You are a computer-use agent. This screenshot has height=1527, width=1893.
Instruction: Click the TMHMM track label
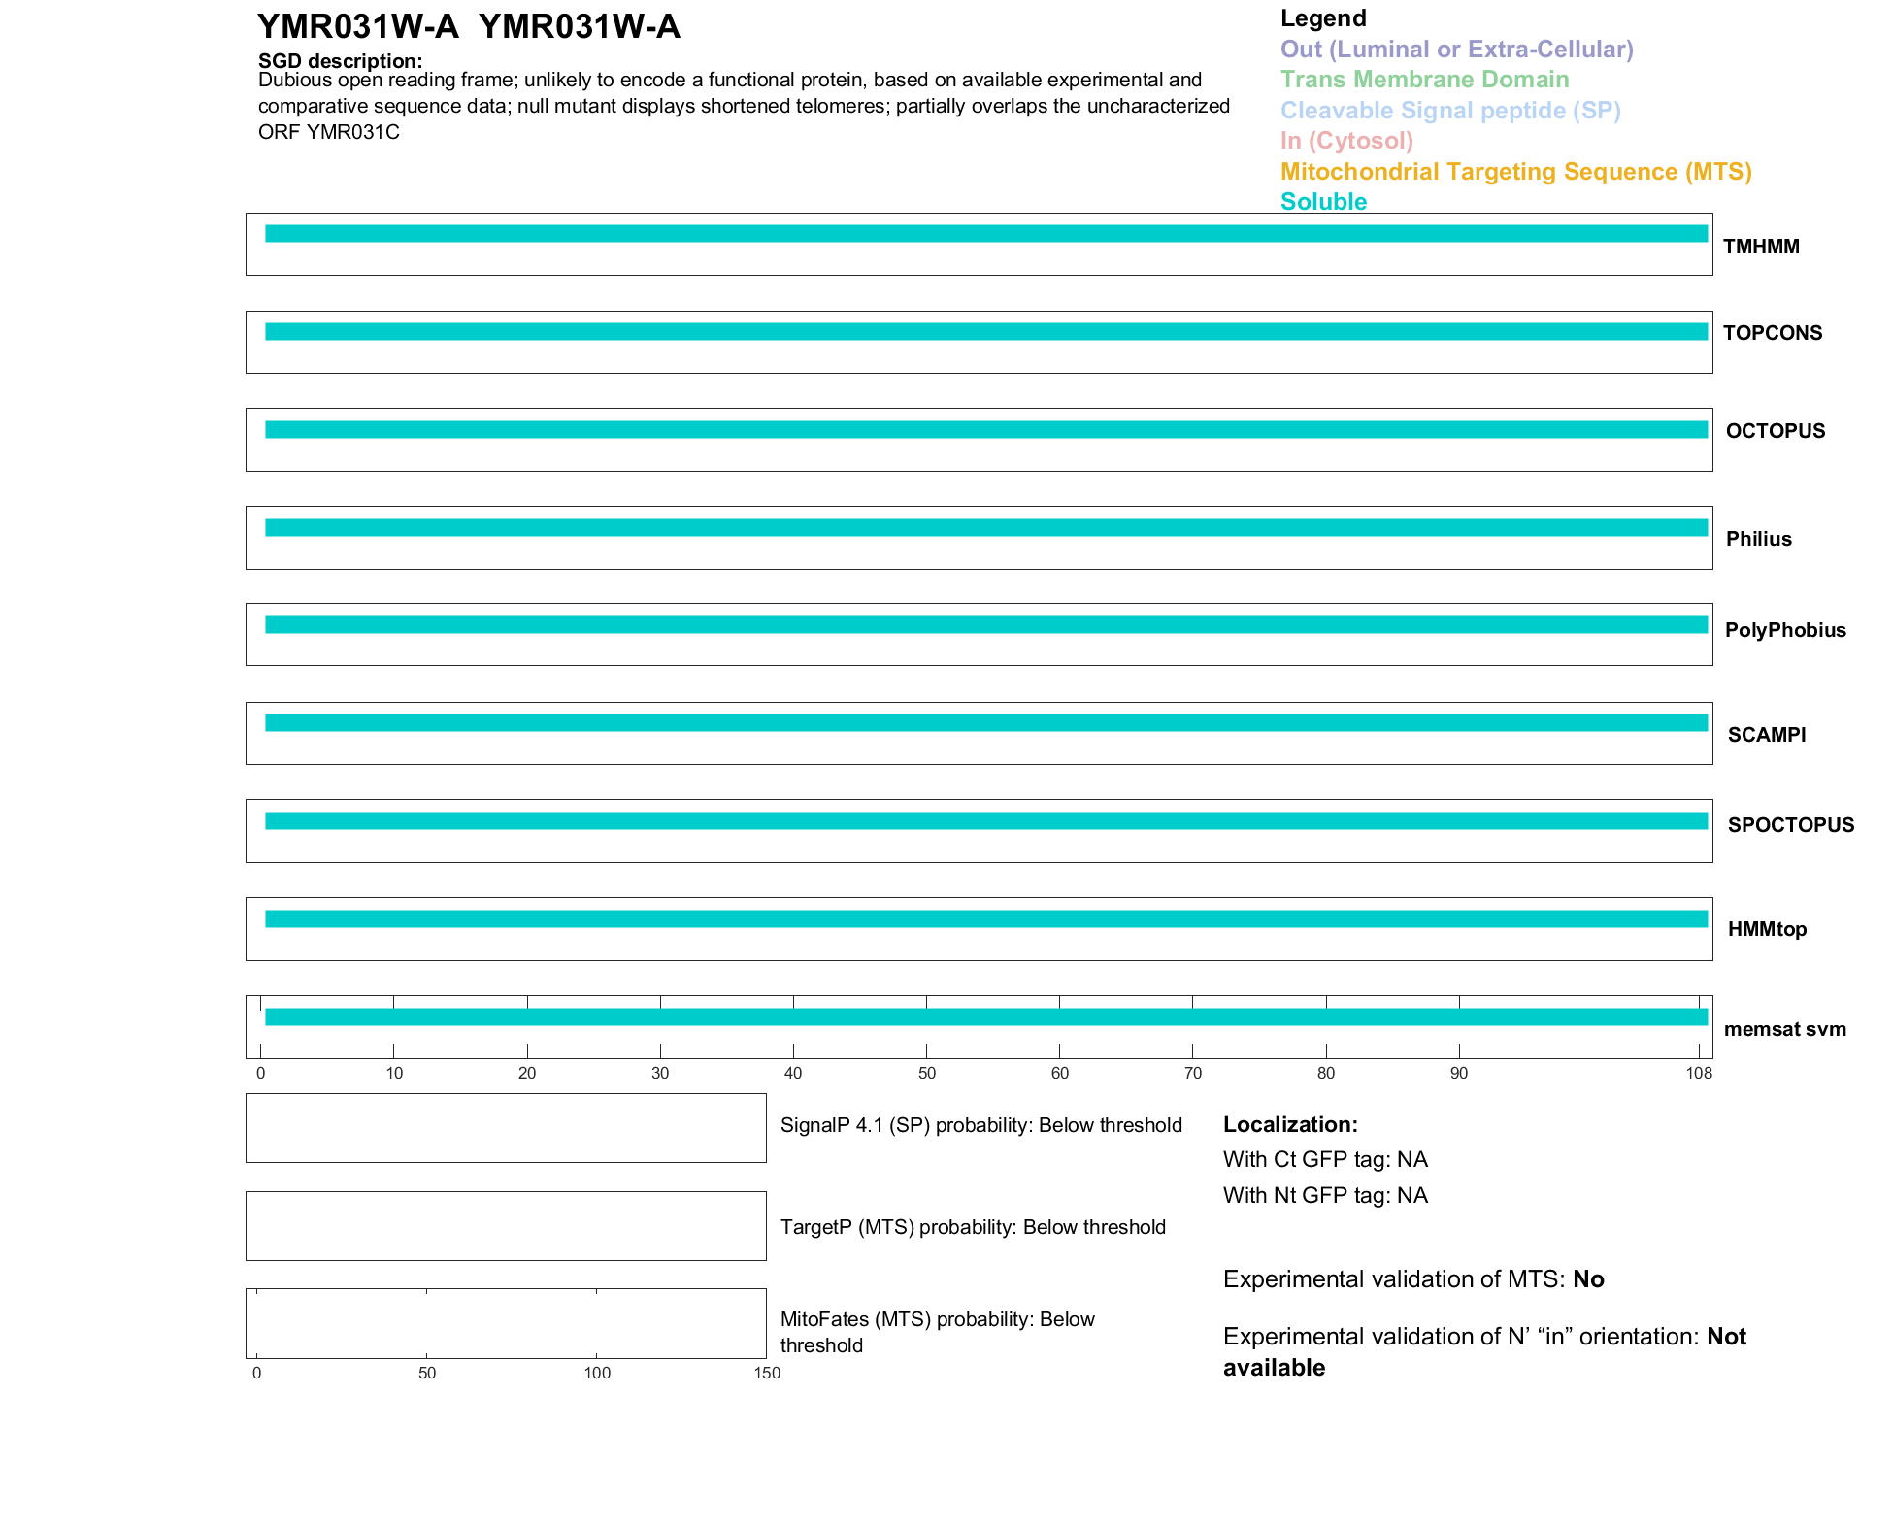click(x=1761, y=247)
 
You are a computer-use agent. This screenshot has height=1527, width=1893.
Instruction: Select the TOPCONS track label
click(x=1773, y=333)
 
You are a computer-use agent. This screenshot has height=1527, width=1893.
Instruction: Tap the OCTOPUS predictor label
click(x=1776, y=431)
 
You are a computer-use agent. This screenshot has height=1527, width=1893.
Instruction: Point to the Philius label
click(x=1758, y=539)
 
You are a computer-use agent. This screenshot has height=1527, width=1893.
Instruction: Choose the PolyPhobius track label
click(x=1785, y=630)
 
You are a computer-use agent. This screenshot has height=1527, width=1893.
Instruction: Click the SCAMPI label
click(x=1767, y=735)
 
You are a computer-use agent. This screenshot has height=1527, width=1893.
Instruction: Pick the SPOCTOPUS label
click(x=1791, y=825)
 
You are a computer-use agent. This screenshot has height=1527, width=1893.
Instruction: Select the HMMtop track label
click(x=1767, y=929)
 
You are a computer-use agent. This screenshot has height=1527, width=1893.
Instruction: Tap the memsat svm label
click(x=1784, y=1029)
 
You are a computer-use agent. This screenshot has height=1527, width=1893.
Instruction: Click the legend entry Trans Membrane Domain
click(x=1424, y=80)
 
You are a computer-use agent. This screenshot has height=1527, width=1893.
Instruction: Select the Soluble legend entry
click(x=1323, y=202)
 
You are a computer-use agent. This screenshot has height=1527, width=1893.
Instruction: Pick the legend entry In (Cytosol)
click(x=1346, y=141)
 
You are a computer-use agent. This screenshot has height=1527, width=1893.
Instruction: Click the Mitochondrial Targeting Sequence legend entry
click(x=1515, y=172)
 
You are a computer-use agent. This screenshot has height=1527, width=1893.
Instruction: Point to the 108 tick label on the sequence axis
click(x=1699, y=1073)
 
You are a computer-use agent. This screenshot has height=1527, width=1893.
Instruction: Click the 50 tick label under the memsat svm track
click(x=927, y=1073)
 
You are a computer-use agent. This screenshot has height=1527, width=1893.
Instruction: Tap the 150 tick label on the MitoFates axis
click(x=767, y=1373)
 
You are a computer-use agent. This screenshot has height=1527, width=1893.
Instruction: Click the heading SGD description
click(x=340, y=61)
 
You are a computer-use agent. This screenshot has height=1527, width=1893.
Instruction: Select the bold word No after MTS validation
click(x=1588, y=1279)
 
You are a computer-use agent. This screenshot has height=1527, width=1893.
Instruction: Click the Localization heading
click(x=1290, y=1124)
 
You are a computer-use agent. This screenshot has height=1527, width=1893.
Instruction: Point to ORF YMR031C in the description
click(x=329, y=132)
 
